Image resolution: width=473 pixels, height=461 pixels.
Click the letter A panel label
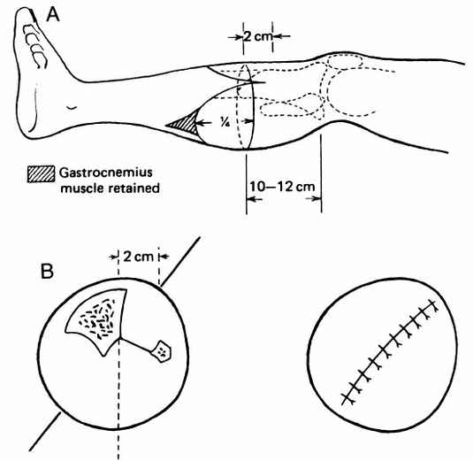click(53, 14)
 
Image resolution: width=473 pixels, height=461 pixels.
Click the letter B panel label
click(47, 271)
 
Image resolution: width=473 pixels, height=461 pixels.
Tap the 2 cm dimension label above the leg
click(258, 36)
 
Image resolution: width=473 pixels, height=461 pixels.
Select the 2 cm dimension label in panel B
click(139, 257)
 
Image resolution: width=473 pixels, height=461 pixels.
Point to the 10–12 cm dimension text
click(282, 187)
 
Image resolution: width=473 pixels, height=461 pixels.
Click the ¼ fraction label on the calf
click(225, 122)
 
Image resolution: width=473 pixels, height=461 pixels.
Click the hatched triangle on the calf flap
click(185, 123)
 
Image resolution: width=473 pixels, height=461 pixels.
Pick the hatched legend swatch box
click(41, 174)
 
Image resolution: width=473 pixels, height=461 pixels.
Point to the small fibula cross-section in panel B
click(162, 351)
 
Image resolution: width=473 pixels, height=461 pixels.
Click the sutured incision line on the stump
click(389, 351)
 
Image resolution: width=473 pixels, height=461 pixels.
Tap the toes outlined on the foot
click(34, 46)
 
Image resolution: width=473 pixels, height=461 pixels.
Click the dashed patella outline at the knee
click(345, 62)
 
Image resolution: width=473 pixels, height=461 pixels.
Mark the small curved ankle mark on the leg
click(72, 107)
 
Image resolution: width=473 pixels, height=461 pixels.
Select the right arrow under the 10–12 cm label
click(314, 199)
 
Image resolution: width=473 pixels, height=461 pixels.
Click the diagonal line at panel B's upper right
click(180, 261)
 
